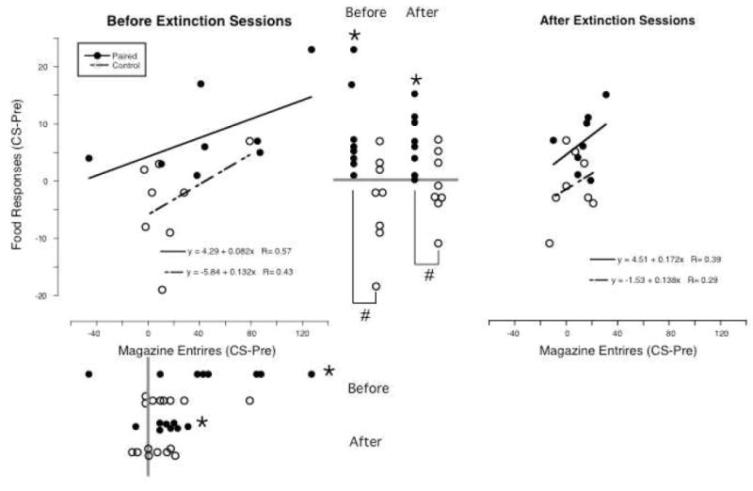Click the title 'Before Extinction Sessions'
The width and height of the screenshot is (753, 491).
199,21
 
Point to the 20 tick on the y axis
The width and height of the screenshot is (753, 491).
56,68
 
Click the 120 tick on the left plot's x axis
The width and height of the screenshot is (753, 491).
303,333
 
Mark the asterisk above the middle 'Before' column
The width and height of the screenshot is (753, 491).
354,35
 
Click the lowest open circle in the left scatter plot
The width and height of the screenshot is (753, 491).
162,290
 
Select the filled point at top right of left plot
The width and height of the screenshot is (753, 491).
312,50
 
